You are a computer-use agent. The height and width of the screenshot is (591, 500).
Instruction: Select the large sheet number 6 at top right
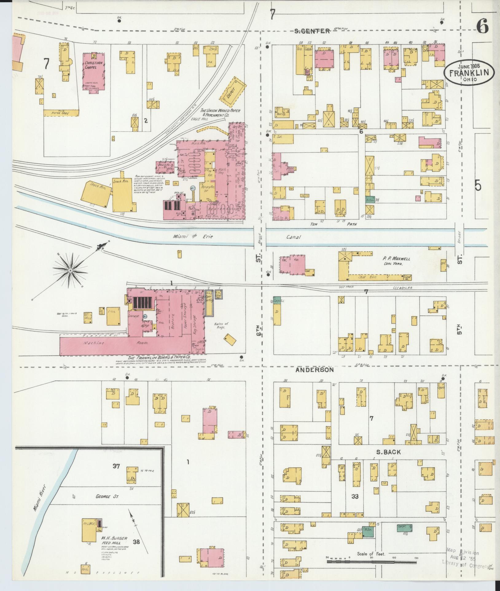483,27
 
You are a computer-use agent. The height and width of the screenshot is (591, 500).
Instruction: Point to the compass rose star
70,270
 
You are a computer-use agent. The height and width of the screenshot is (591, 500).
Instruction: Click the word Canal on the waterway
293,237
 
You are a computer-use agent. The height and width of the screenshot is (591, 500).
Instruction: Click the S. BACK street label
389,452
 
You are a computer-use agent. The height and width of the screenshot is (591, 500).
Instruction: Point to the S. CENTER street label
312,31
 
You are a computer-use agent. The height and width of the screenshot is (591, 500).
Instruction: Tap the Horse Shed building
61,113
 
